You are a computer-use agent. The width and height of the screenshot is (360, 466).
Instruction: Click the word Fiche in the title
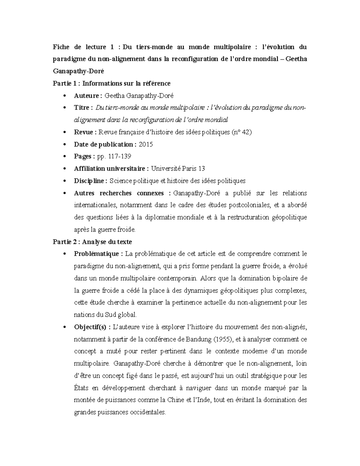pyautogui.click(x=61, y=47)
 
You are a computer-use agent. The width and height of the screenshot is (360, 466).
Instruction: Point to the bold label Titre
pyautogui.click(x=82, y=108)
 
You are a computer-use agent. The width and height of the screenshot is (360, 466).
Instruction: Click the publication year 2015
pyautogui.click(x=146, y=144)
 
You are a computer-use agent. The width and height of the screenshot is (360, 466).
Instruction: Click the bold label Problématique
pyautogui.click(x=97, y=254)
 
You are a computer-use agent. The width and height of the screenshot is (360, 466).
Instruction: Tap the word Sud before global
pyautogui.click(x=110, y=315)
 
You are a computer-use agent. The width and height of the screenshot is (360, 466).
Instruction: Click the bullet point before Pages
pyautogui.click(x=65, y=157)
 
